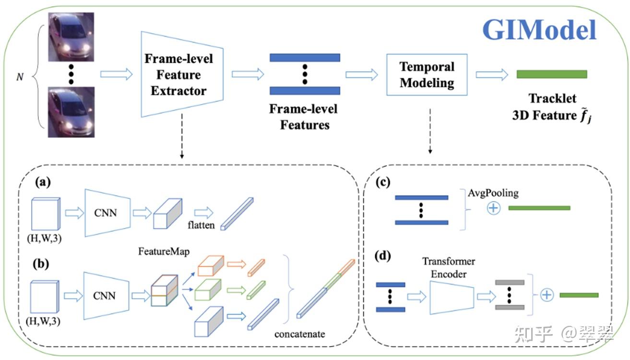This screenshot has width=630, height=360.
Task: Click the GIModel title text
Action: pyautogui.click(x=539, y=30)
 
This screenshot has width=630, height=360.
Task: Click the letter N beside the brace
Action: pyautogui.click(x=20, y=77)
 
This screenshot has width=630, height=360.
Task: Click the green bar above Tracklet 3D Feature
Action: pyautogui.click(x=551, y=74)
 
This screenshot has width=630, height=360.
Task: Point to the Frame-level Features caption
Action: pyautogui.click(x=303, y=117)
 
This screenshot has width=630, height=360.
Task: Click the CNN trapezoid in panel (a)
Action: pyautogui.click(x=106, y=212)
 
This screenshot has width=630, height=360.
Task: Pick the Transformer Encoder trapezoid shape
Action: pyautogui.click(x=452, y=297)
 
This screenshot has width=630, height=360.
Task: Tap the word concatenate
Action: pyautogui.click(x=299, y=334)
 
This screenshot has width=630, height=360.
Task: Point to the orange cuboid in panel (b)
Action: pyautogui.click(x=211, y=265)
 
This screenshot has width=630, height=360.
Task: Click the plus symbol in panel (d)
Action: pyautogui.click(x=547, y=295)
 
